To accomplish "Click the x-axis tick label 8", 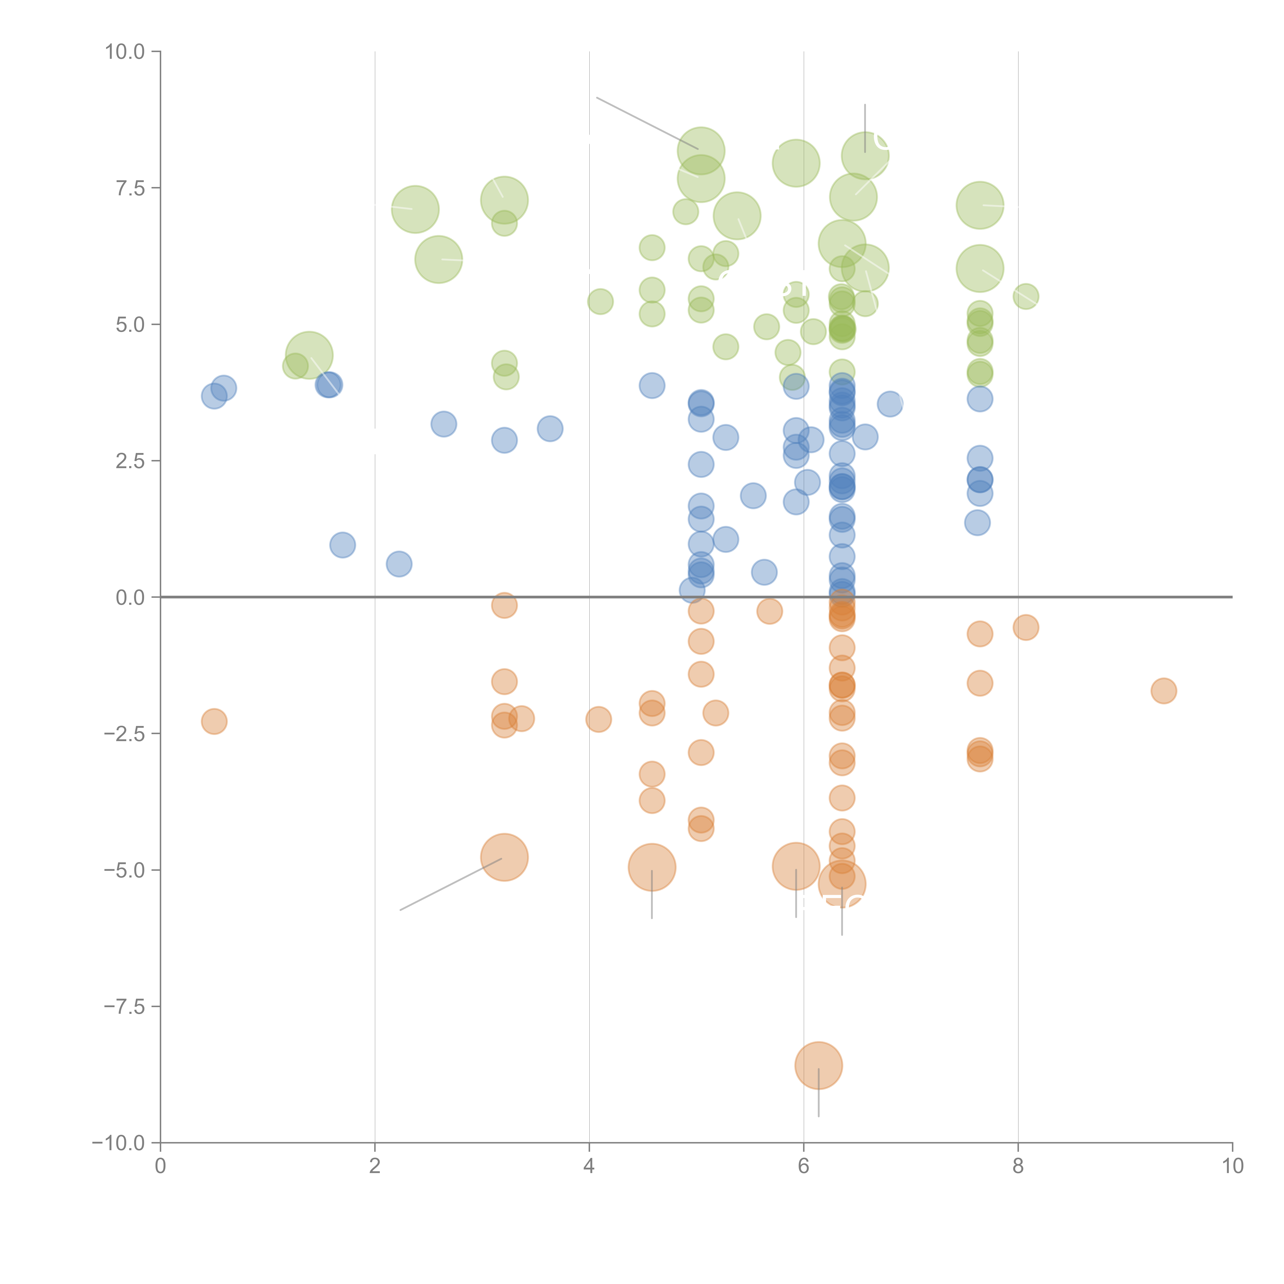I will (1018, 1166).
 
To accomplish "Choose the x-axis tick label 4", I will (589, 1166).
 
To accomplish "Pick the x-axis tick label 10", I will (1232, 1166).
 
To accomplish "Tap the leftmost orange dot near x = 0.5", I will (214, 721).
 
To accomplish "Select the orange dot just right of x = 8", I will (1025, 627).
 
